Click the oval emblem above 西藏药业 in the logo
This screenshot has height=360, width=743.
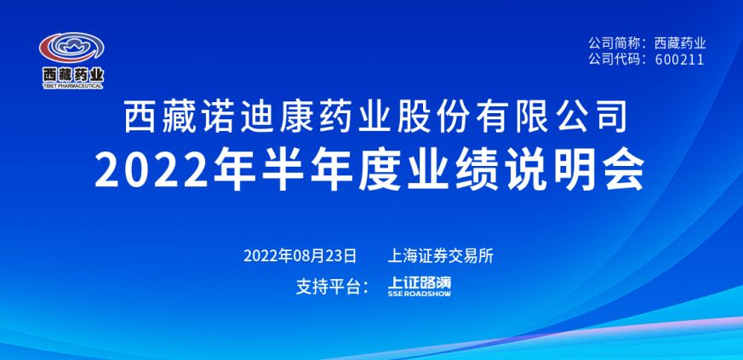point(71,48)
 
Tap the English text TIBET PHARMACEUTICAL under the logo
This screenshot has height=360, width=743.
point(72,86)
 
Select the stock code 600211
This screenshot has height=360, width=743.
point(680,60)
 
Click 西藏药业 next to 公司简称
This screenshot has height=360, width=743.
point(680,43)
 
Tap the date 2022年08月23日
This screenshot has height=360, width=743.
point(300,256)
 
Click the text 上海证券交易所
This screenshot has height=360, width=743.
point(441,256)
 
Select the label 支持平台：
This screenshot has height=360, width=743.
point(332,287)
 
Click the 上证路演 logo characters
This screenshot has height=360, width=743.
point(420,283)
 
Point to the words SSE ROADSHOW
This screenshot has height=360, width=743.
point(420,294)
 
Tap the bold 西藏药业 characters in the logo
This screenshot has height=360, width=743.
point(72,75)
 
